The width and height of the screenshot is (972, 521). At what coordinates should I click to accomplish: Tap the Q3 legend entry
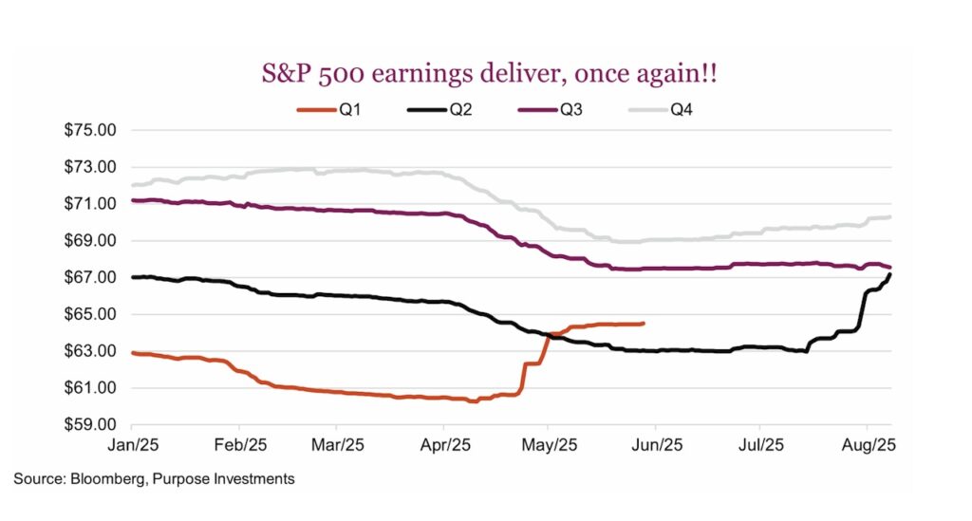[559, 109]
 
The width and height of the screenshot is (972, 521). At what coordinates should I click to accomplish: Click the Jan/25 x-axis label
[132, 443]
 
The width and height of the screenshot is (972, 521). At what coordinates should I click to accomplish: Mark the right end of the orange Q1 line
[645, 324]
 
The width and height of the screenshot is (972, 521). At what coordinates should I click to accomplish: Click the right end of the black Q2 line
[890, 273]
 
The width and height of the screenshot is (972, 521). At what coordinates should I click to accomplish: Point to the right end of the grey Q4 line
[890, 217]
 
